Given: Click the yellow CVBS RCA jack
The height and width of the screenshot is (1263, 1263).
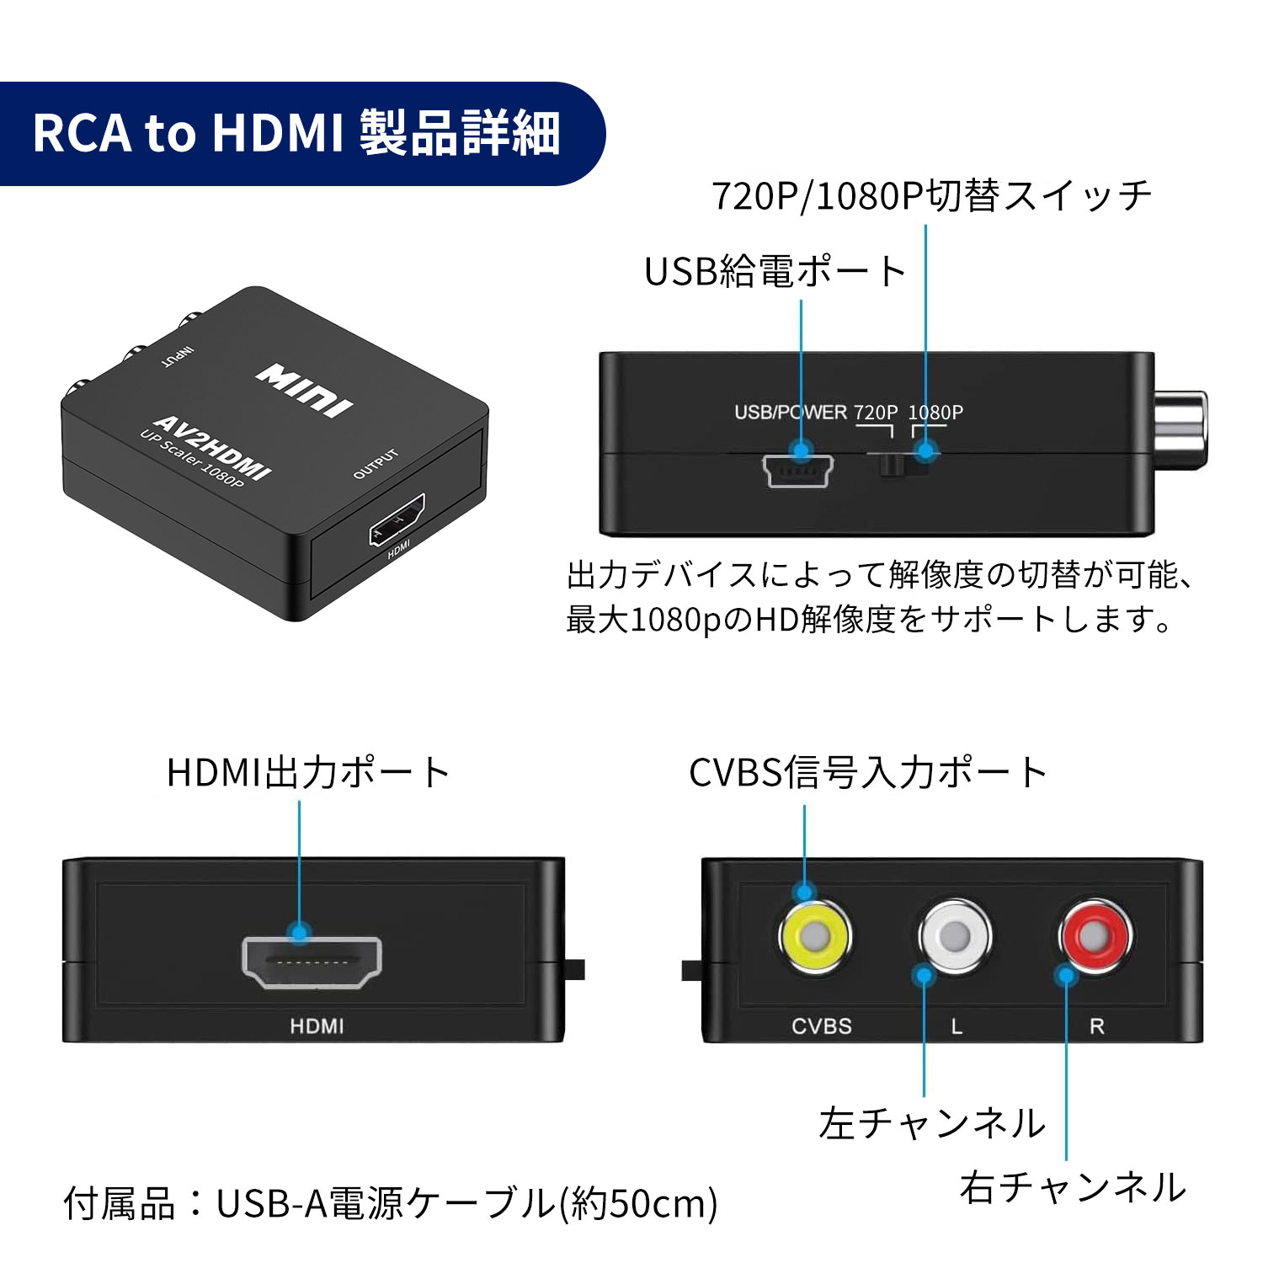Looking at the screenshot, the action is click(x=815, y=935).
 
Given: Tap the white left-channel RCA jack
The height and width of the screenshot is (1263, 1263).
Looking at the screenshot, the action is click(x=955, y=935).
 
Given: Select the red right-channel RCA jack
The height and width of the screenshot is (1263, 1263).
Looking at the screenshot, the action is click(x=1095, y=935).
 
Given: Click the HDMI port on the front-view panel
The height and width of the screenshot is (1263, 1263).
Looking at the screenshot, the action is click(x=312, y=962).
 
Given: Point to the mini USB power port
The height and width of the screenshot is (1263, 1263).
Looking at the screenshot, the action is click(x=797, y=472).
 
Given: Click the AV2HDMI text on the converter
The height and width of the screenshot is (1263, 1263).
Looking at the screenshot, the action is click(x=212, y=448).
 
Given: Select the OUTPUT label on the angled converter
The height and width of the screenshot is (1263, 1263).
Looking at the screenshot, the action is click(x=376, y=464).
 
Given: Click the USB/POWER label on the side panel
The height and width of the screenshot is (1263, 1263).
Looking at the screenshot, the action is click(x=790, y=412).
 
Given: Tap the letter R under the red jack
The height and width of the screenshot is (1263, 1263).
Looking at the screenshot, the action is click(x=1096, y=1026).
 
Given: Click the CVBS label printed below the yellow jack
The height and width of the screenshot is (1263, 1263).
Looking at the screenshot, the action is click(x=821, y=1026).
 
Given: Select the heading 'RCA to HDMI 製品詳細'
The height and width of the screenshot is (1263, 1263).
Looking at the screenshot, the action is click(x=296, y=133).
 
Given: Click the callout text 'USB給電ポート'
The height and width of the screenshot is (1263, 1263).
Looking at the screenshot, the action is click(x=775, y=271).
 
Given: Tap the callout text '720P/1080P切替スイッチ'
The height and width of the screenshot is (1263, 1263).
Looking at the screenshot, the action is click(x=931, y=195).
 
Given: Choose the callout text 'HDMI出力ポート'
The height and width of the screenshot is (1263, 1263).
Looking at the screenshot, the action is click(x=308, y=772).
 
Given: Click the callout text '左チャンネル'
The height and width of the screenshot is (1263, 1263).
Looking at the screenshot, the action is click(x=932, y=1123).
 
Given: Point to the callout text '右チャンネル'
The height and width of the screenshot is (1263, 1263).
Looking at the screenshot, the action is click(x=1072, y=1187).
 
